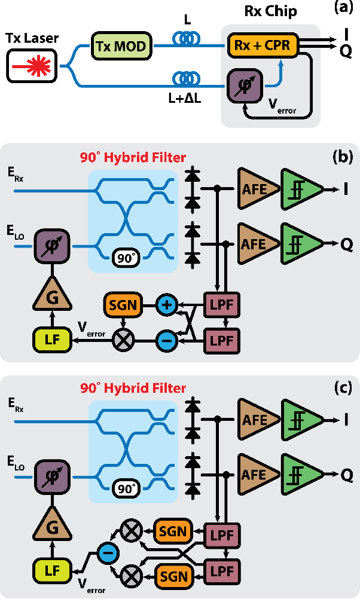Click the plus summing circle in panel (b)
[x=166, y=305]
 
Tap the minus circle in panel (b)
[x=166, y=341]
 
